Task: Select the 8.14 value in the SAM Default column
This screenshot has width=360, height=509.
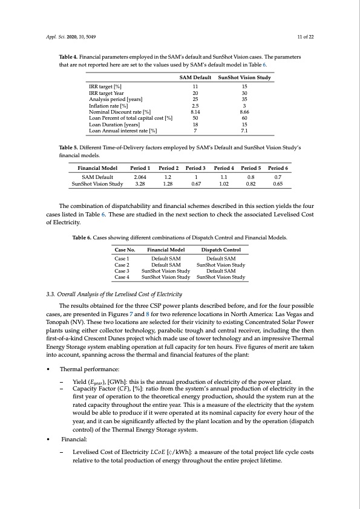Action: [195, 112]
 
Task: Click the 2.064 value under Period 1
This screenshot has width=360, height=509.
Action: [142, 178]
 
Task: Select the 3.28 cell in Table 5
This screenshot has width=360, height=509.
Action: [142, 184]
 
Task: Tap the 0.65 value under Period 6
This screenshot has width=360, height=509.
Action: [277, 184]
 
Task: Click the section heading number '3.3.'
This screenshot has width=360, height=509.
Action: [51, 294]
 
